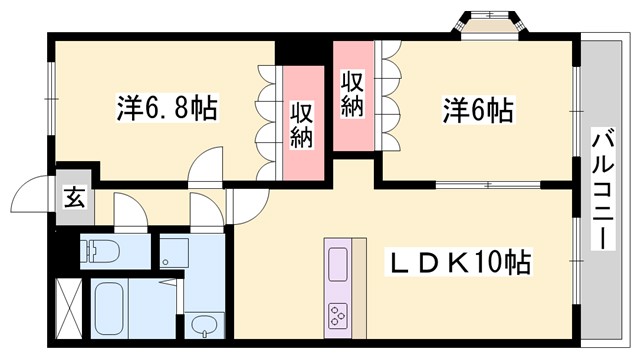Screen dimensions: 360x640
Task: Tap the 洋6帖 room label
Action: [x=477, y=108]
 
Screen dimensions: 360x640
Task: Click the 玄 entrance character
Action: [x=75, y=197]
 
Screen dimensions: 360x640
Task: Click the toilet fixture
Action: [x=100, y=249]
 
